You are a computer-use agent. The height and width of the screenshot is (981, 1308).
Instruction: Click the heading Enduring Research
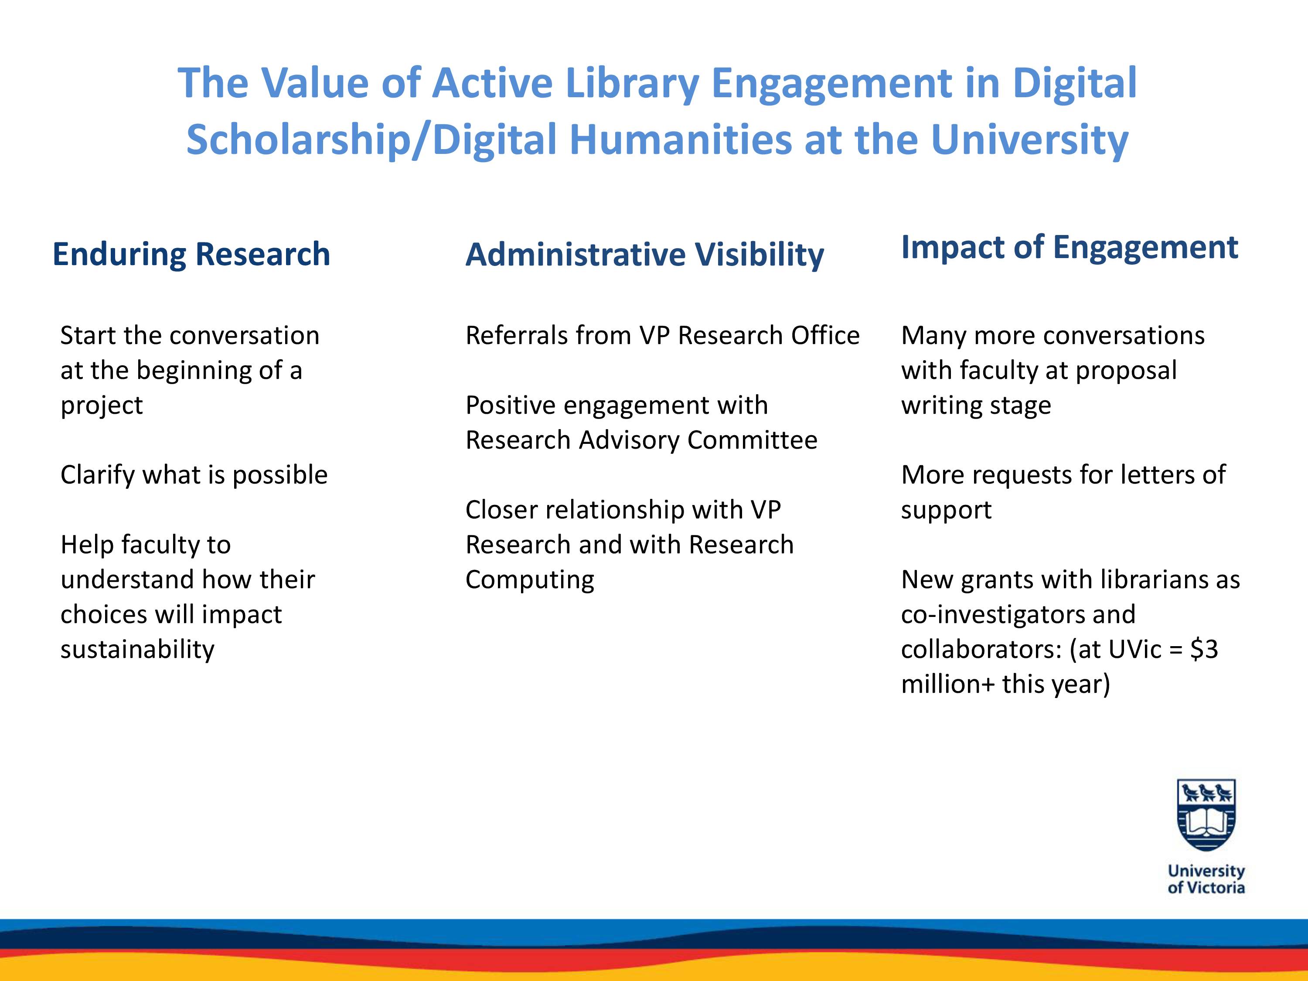[x=191, y=255]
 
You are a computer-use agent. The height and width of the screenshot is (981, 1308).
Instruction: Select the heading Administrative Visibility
[x=644, y=255]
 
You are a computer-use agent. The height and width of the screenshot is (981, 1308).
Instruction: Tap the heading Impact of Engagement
[x=1069, y=248]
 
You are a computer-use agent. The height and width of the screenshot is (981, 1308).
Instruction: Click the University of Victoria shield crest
[x=1206, y=815]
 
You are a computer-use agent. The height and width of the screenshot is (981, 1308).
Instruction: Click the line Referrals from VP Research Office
[x=662, y=335]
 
